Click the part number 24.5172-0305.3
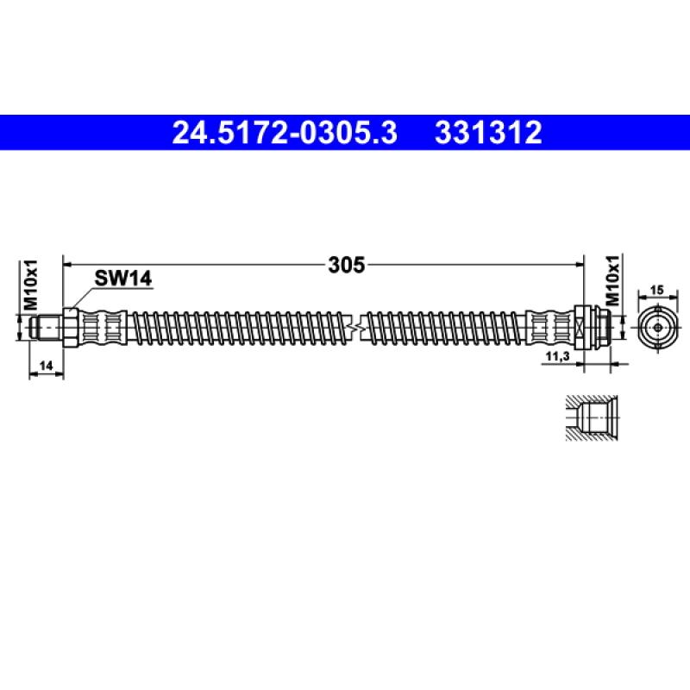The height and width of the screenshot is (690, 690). (x=285, y=134)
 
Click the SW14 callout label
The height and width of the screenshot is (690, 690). (x=122, y=278)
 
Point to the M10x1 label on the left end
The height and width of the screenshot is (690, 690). (x=28, y=285)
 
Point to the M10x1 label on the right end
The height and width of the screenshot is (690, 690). (x=612, y=277)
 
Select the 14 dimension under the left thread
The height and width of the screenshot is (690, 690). (x=47, y=366)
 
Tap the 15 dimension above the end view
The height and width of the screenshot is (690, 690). (x=656, y=292)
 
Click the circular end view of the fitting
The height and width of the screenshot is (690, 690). (x=657, y=328)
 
